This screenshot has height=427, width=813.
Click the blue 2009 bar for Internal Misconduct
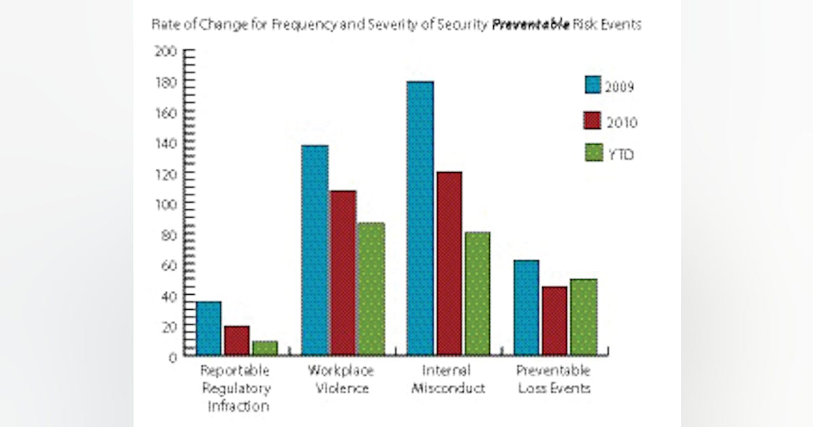(420, 217)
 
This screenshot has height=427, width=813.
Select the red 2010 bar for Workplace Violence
(343, 271)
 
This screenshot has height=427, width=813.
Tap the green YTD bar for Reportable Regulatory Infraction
(265, 348)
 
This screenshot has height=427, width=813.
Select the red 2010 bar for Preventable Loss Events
(555, 320)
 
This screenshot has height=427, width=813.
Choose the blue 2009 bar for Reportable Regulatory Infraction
(209, 328)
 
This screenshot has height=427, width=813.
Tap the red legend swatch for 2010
(594, 120)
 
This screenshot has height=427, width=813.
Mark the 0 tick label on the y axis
(173, 357)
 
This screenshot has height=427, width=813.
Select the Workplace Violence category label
(341, 380)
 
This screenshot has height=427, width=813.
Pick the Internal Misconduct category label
(448, 380)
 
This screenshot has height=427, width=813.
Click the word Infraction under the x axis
(237, 407)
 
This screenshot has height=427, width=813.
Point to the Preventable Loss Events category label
(554, 380)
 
